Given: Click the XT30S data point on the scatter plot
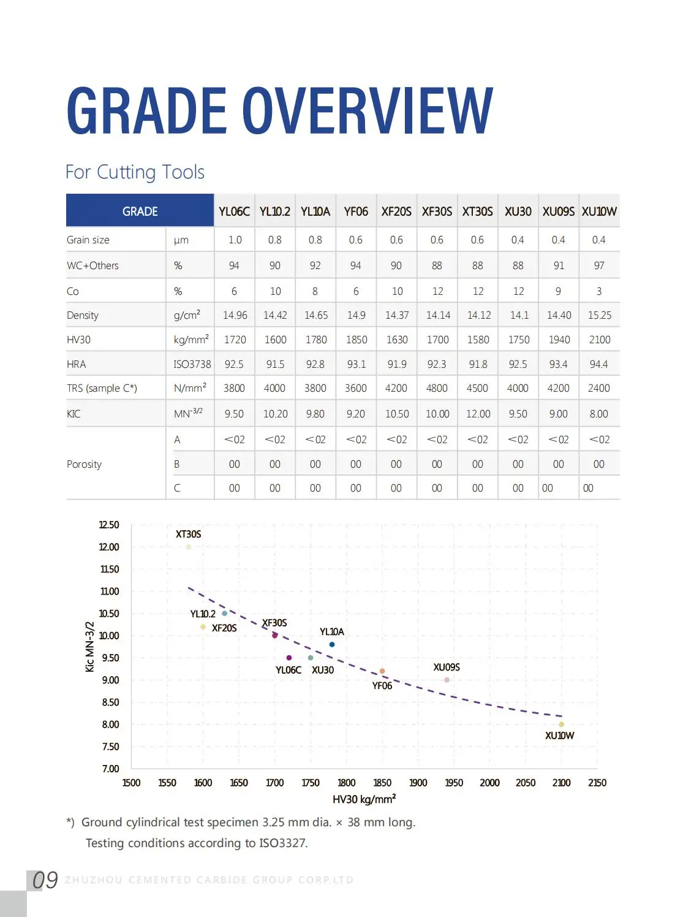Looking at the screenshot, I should pyautogui.click(x=189, y=547).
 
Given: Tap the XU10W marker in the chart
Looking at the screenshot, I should pyautogui.click(x=561, y=725).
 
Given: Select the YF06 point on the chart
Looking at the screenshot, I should pyautogui.click(x=382, y=671).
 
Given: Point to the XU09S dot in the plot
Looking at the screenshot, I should pyautogui.click(x=447, y=680).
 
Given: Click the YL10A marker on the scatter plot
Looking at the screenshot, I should pyautogui.click(x=332, y=644).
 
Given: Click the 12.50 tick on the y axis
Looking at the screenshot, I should pyautogui.click(x=109, y=525).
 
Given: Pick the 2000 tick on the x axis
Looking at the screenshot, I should pyautogui.click(x=489, y=783).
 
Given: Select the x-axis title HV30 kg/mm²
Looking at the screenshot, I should pyautogui.click(x=364, y=799).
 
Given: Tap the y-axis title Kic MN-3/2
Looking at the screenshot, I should pyautogui.click(x=90, y=647).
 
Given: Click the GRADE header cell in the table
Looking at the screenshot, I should pyautogui.click(x=140, y=211).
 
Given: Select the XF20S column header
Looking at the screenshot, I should pyautogui.click(x=396, y=211).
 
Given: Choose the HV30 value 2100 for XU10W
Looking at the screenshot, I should pyautogui.click(x=599, y=340).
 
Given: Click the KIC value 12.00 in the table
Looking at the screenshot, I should pyautogui.click(x=478, y=414).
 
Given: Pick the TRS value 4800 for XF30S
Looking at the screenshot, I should pyautogui.click(x=437, y=388).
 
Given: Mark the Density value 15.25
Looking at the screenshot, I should pyautogui.click(x=599, y=315).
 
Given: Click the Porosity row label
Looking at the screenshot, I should pyautogui.click(x=84, y=464).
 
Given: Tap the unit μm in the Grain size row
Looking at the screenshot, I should pyautogui.click(x=181, y=240).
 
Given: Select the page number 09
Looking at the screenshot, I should pyautogui.click(x=45, y=880).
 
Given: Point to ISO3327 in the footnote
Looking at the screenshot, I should pyautogui.click(x=282, y=843).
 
